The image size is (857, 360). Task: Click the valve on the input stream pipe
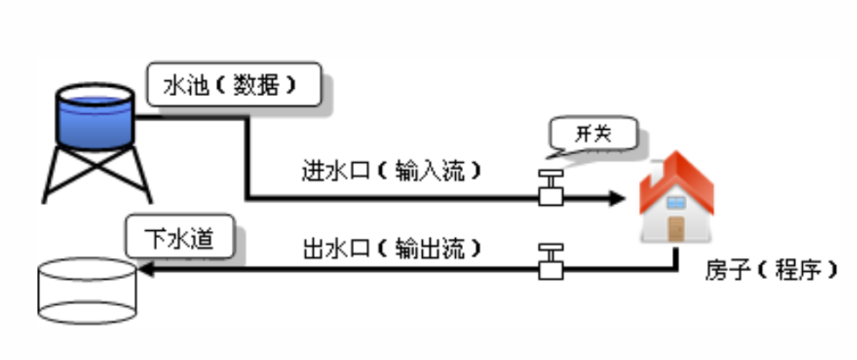(550, 189)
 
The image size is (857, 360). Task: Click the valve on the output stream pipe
(550, 262)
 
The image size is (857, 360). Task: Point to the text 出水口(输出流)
(392, 247)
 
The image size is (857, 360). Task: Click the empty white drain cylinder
(86, 292)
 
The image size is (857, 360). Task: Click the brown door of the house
(677, 228)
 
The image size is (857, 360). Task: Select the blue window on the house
(677, 202)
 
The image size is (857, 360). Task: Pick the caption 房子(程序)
(772, 270)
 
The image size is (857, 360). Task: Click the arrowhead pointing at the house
(616, 199)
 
